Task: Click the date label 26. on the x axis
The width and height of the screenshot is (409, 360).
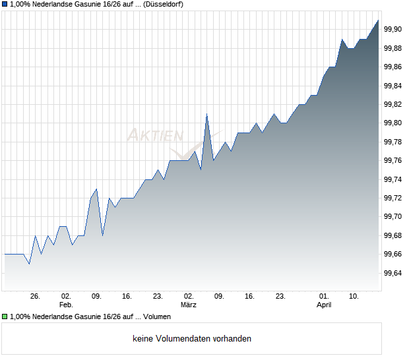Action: click(35, 297)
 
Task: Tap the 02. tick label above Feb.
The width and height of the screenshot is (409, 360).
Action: click(65, 297)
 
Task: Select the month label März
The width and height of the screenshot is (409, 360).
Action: click(189, 305)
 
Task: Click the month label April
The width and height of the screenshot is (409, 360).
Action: click(323, 305)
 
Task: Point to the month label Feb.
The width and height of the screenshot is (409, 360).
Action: click(65, 305)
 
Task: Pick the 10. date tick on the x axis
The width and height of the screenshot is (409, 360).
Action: click(354, 297)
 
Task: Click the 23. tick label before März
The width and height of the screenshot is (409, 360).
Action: click(158, 297)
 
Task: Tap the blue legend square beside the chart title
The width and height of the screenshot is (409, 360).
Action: click(5, 4)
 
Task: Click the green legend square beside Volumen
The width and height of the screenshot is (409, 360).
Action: click(5, 316)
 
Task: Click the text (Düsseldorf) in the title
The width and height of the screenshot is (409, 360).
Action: click(161, 4)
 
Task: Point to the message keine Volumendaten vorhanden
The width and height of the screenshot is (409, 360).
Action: click(192, 339)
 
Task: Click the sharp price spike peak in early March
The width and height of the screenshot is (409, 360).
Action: click(206, 114)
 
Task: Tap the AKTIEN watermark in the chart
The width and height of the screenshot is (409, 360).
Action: click(155, 136)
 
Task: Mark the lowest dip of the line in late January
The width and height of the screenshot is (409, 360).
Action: click(29, 264)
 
